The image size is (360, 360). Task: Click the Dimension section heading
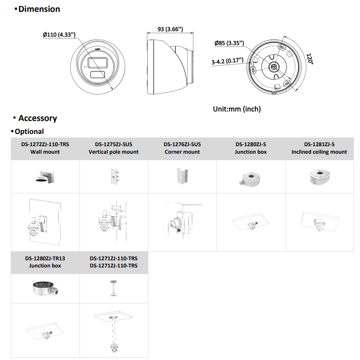point(39,9)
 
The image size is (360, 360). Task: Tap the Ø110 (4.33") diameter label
point(59,35)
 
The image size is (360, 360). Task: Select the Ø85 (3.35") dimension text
point(229,43)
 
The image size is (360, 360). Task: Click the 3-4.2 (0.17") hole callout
point(227,62)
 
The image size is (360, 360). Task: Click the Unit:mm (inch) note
point(237,109)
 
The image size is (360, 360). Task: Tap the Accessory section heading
point(37,118)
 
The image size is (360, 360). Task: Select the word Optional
point(29,132)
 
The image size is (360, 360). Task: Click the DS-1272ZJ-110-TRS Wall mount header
point(45,148)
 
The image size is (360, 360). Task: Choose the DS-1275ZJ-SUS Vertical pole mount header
point(113,148)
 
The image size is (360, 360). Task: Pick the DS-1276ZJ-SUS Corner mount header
point(182,148)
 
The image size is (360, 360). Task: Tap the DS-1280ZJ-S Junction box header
point(251,148)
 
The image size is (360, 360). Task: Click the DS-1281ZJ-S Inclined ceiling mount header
point(319,148)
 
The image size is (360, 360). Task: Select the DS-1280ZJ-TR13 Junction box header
point(45,262)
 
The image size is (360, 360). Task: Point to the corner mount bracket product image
point(182,176)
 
